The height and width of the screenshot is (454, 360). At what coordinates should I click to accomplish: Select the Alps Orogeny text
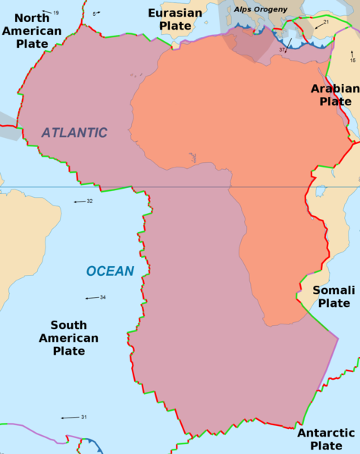click(x=261, y=9)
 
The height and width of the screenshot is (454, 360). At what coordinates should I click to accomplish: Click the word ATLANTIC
click(x=74, y=133)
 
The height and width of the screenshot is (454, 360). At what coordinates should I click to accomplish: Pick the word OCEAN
click(x=110, y=271)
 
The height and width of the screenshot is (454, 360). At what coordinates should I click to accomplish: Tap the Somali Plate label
click(x=333, y=296)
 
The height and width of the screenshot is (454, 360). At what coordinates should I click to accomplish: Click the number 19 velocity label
click(x=56, y=13)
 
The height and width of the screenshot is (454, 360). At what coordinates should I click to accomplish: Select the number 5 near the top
click(x=94, y=14)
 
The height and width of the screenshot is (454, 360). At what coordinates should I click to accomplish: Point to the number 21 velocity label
click(x=325, y=23)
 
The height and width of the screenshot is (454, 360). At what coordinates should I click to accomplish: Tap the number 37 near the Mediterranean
click(x=282, y=50)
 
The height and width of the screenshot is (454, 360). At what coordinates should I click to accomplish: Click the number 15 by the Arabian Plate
click(x=352, y=60)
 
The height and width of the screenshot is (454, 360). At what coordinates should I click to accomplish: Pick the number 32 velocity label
click(x=89, y=201)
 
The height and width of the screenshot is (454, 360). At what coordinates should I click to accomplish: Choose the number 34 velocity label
click(x=102, y=297)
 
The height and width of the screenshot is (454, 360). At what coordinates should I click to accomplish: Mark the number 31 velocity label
click(x=84, y=417)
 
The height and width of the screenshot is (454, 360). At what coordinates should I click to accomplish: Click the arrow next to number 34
click(x=92, y=298)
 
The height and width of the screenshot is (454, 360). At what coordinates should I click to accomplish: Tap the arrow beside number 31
click(x=70, y=418)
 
